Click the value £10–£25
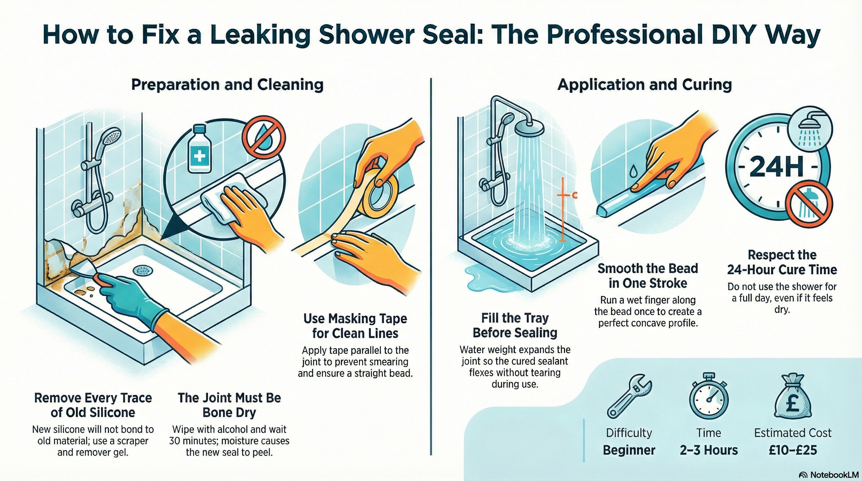[x=793, y=450]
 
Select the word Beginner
[x=629, y=450]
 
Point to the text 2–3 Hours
[x=709, y=450]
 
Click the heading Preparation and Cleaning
[x=227, y=85]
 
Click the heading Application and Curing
[x=645, y=85]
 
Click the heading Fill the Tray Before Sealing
[x=515, y=325]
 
